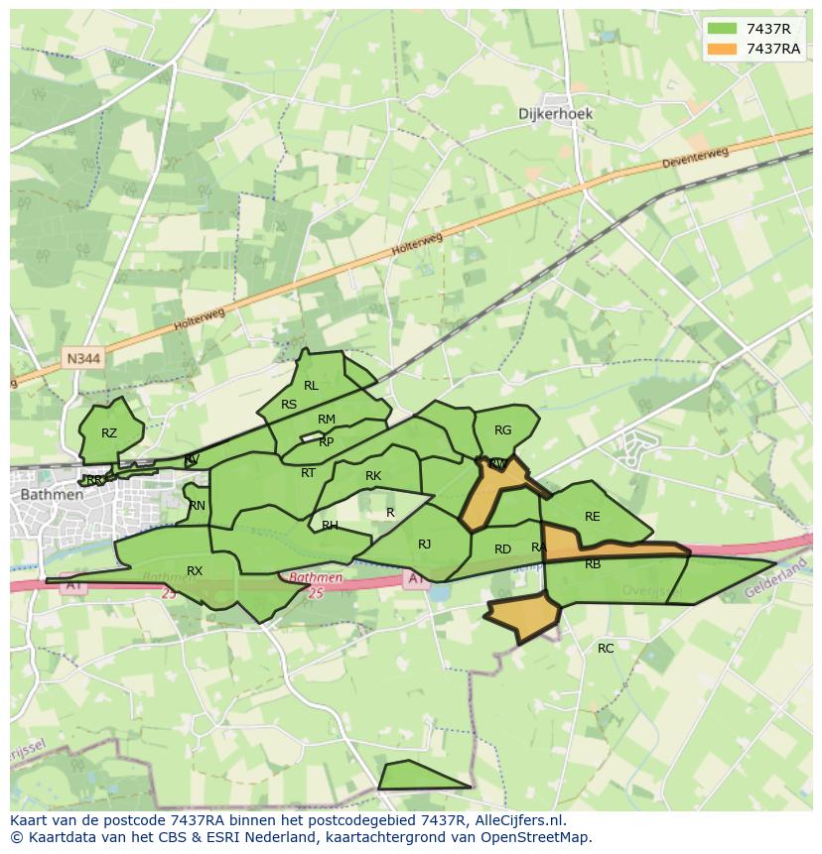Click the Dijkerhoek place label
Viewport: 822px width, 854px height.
[555, 114]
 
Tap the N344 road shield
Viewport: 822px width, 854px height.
[83, 358]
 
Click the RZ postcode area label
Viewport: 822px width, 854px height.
[109, 433]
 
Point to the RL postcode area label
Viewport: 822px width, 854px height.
[311, 386]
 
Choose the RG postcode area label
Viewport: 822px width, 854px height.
[502, 430]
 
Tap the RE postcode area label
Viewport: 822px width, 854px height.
[593, 517]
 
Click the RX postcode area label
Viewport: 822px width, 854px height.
[195, 571]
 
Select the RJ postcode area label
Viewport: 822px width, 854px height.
[425, 544]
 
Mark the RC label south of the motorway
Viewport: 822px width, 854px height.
[606, 649]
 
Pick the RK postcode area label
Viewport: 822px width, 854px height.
[373, 476]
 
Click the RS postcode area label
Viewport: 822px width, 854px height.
[289, 405]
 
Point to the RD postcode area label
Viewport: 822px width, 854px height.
[502, 549]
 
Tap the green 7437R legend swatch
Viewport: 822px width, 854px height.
[722, 29]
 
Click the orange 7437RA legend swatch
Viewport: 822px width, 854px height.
[722, 49]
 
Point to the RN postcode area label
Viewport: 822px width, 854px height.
[198, 506]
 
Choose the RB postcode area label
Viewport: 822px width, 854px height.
[593, 564]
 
